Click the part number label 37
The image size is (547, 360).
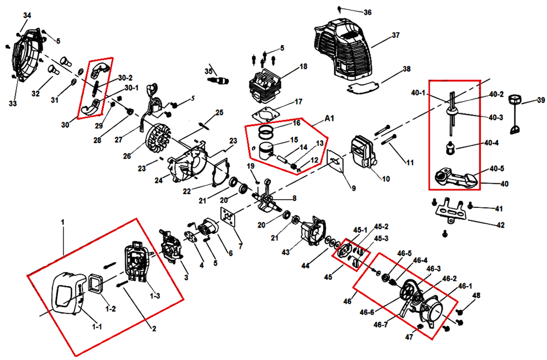(x=396, y=36)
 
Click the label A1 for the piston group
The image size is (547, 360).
(x=329, y=118)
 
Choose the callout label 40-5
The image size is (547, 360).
(x=496, y=168)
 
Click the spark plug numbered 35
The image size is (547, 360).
(x=217, y=80)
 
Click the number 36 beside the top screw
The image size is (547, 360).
(x=367, y=12)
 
